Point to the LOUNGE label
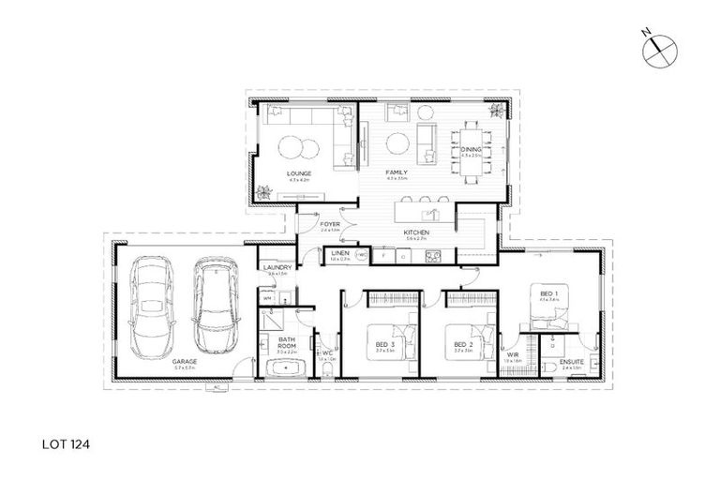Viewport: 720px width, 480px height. point(300,173)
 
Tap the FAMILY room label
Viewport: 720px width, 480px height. point(397,173)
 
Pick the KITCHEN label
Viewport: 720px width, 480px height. point(416,232)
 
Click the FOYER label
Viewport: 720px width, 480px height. point(329,225)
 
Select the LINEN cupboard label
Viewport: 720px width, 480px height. point(339,253)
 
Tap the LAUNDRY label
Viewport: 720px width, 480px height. point(277,268)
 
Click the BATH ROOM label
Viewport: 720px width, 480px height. point(287,343)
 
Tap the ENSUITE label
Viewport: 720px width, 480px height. point(573,361)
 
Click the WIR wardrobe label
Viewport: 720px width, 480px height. point(512,354)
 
